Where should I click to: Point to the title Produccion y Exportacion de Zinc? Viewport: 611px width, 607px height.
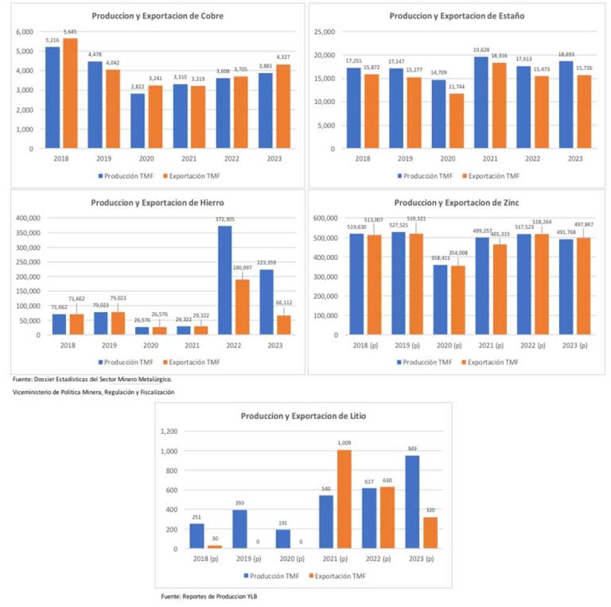click(457, 203)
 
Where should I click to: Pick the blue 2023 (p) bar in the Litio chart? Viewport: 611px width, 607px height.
click(413, 502)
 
